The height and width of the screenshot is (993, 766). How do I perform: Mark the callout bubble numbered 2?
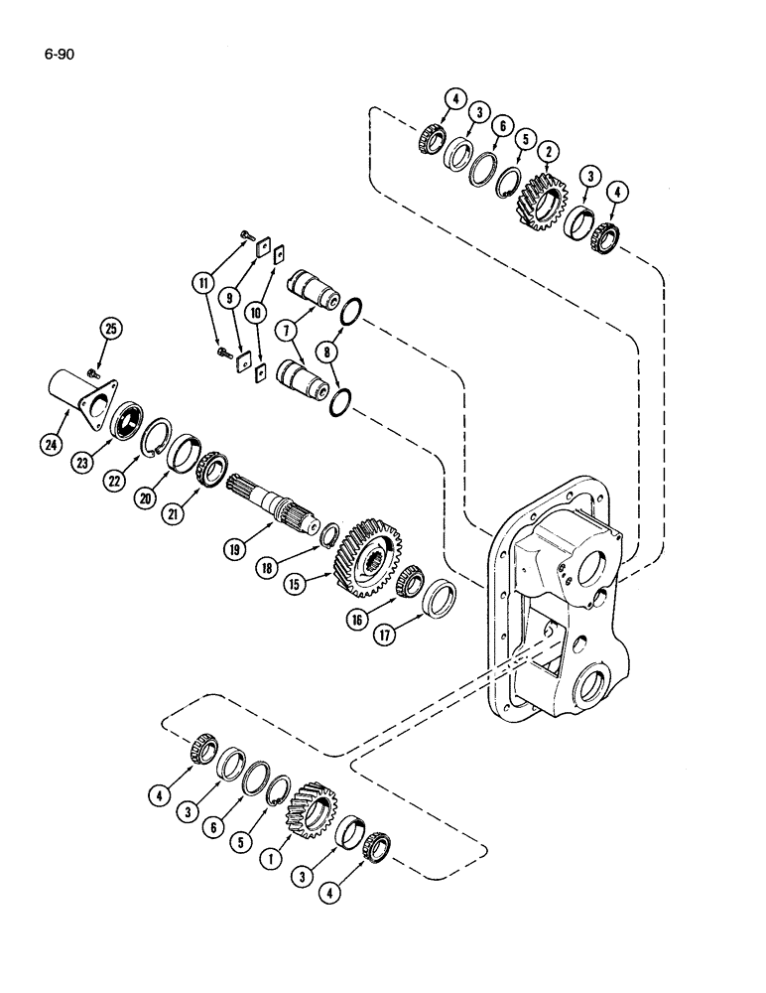click(x=546, y=153)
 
